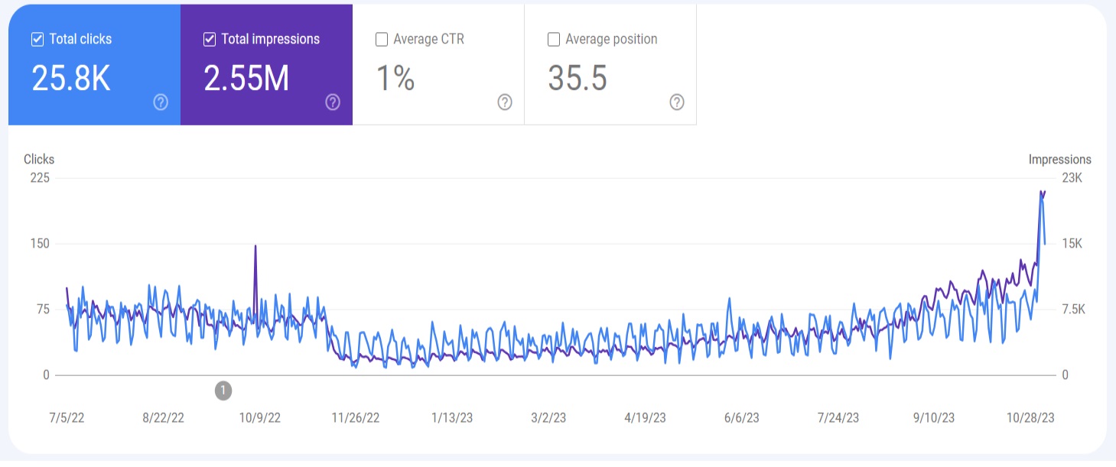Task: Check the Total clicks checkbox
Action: (x=37, y=39)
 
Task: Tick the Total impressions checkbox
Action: (x=210, y=39)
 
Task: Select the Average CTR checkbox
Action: (x=382, y=39)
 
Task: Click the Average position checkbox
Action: (x=554, y=39)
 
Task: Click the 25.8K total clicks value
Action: (x=71, y=78)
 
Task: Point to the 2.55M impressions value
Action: (x=246, y=78)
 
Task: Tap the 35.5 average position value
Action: (x=578, y=78)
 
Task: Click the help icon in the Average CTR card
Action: (x=505, y=102)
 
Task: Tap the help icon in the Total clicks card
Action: (x=161, y=102)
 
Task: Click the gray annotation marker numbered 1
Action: (x=223, y=391)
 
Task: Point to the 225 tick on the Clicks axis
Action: (x=39, y=178)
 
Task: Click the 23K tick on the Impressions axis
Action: (x=1072, y=178)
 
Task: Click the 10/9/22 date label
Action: (x=260, y=418)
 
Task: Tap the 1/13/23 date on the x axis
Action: (x=452, y=418)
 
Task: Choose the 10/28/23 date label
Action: (x=1030, y=418)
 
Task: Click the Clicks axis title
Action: (x=39, y=160)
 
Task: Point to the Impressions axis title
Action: (x=1059, y=160)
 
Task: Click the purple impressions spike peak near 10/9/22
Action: (x=255, y=246)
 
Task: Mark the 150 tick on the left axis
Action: (x=39, y=244)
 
